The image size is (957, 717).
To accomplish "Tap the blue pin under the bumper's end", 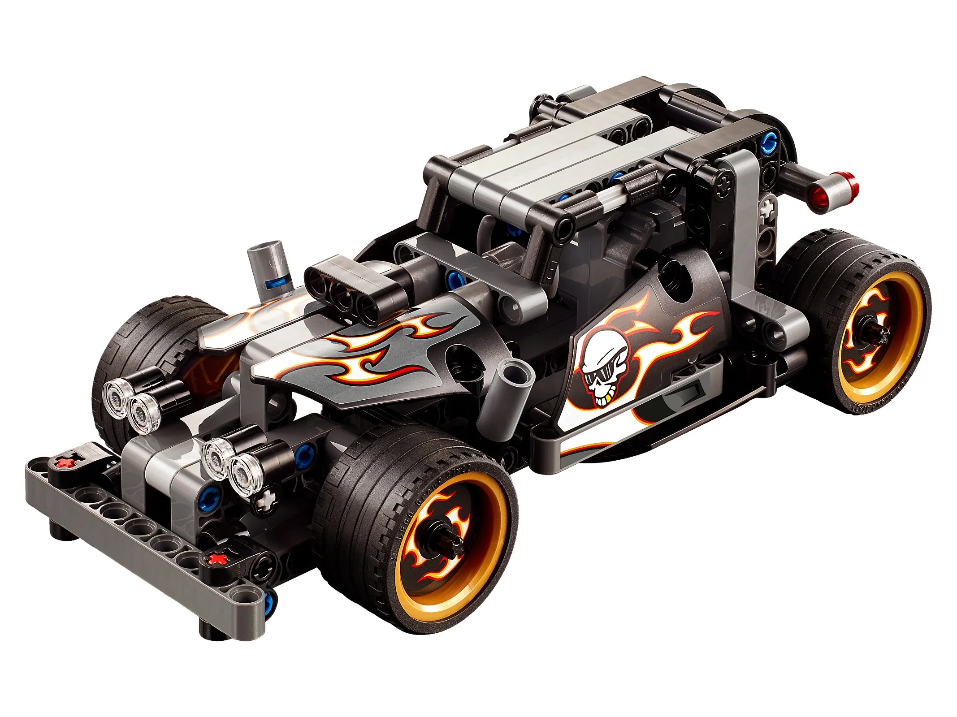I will click(x=269, y=603).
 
